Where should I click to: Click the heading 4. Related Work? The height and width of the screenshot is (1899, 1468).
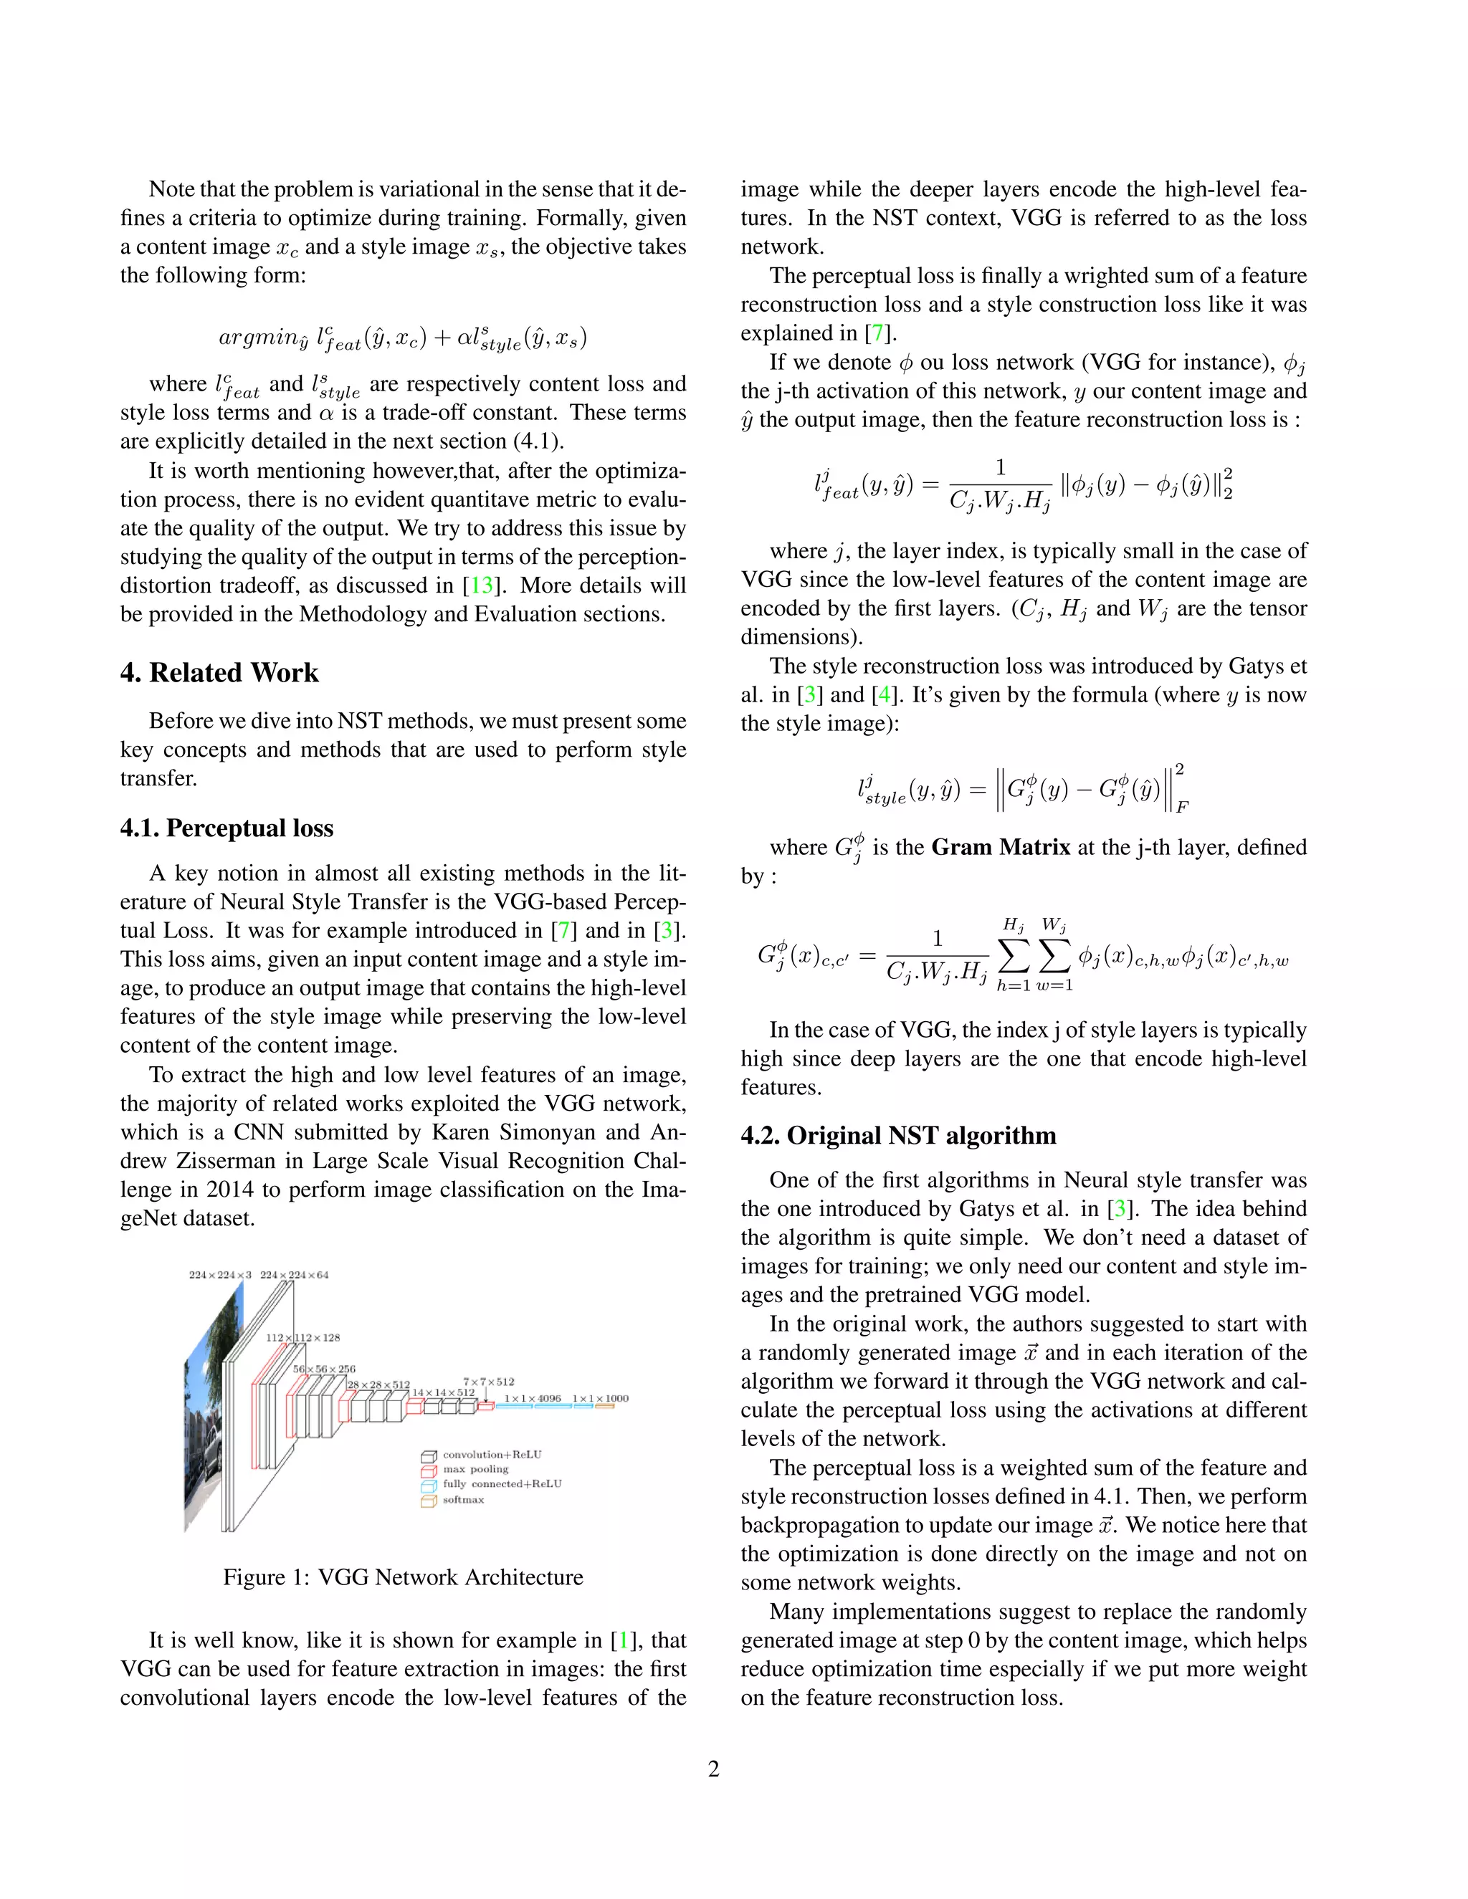[219, 672]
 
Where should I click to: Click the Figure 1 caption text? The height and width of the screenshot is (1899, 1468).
[403, 1577]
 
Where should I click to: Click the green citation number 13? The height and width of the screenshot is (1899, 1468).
[482, 585]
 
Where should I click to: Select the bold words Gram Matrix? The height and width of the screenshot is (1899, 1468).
[1000, 847]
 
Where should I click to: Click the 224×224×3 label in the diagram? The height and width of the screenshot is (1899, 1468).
[220, 1275]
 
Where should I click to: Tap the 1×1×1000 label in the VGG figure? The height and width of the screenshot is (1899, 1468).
[600, 1398]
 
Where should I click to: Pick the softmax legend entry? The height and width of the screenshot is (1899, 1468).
[462, 1499]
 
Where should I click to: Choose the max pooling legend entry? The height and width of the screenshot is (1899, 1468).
[475, 1468]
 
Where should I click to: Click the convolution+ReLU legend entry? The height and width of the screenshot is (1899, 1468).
[491, 1454]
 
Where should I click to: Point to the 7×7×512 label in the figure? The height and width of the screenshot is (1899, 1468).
[488, 1381]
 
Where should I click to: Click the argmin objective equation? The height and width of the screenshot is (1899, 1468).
[402, 338]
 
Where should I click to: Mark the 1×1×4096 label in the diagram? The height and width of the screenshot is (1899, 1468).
[533, 1398]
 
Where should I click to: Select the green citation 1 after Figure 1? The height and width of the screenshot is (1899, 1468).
[623, 1640]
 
